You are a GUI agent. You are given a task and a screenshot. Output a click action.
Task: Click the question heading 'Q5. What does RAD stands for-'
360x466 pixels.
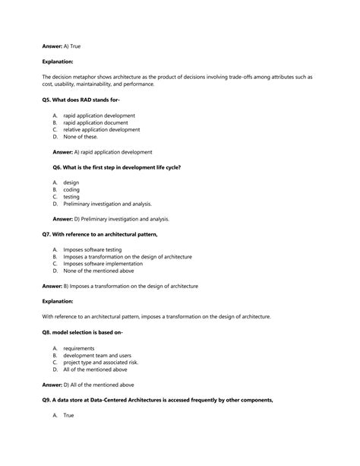point(82,100)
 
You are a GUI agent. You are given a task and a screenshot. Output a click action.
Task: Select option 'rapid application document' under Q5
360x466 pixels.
point(95,122)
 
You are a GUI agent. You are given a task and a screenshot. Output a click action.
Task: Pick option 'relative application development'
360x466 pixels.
point(102,129)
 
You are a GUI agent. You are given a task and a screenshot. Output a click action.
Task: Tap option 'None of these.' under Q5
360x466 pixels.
point(81,137)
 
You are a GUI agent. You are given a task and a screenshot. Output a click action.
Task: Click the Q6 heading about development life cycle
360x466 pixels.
point(116,166)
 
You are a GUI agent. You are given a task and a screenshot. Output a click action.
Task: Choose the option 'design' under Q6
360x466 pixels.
point(71,182)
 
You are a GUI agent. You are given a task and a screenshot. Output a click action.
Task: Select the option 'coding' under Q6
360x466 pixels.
point(71,189)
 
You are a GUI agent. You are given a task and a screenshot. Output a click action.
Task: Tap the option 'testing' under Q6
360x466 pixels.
point(72,196)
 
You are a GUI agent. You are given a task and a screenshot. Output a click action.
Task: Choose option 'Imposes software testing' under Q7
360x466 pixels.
point(92,249)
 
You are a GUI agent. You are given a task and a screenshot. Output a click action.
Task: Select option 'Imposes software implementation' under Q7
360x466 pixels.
point(102,264)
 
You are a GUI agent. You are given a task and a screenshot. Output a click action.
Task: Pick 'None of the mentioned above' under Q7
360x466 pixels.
point(99,271)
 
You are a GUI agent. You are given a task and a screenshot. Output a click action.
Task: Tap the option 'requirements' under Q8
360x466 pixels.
point(79,348)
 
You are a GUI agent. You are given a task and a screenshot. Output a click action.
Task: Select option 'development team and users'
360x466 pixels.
point(97,355)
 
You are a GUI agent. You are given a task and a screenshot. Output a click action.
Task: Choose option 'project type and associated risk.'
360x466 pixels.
point(101,362)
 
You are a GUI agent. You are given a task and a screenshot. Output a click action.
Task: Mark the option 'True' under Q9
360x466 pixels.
point(69,415)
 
